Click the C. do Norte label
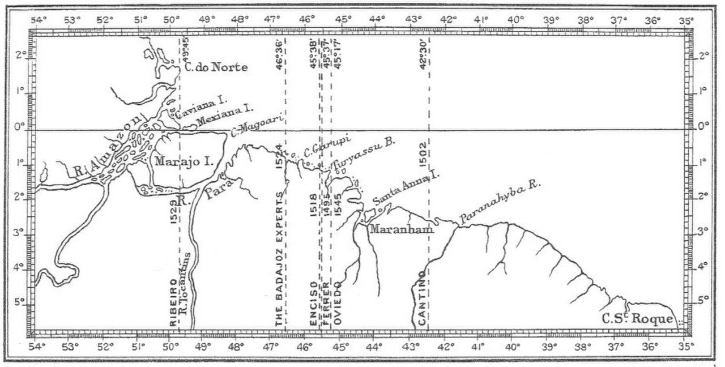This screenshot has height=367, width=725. click(x=216, y=67)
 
